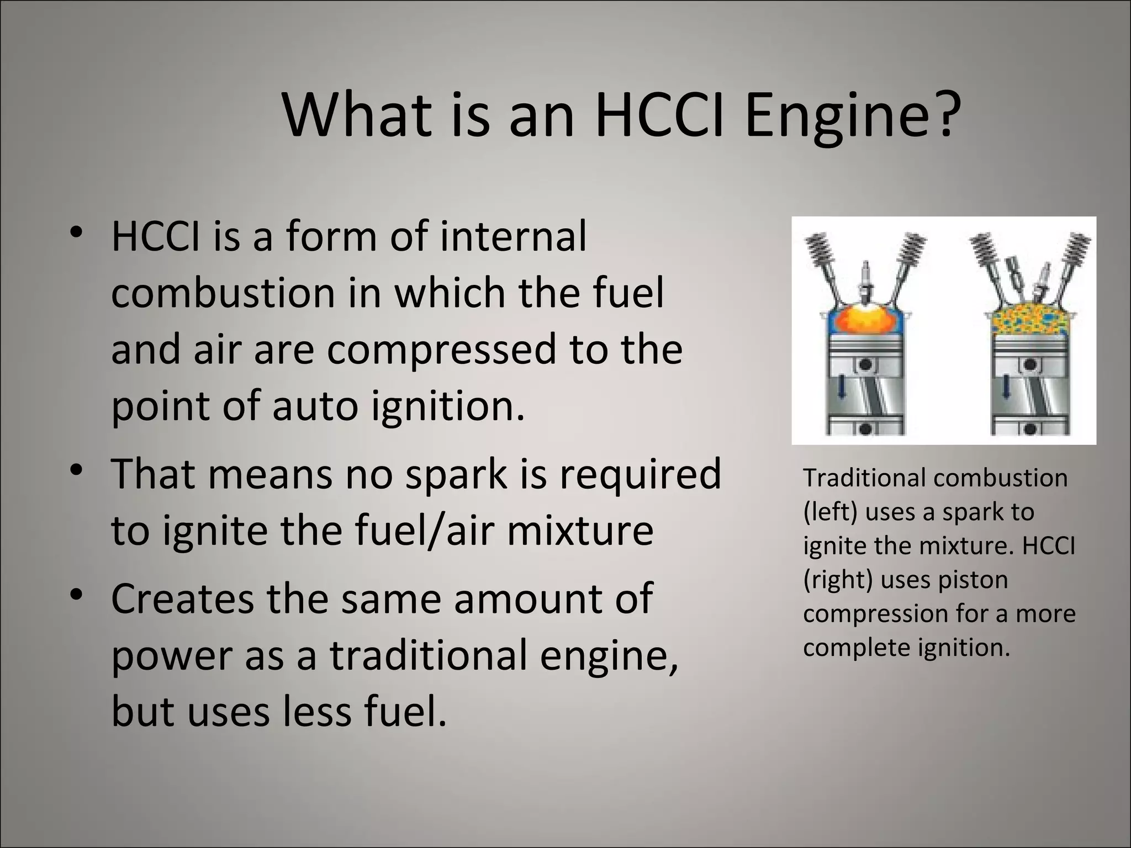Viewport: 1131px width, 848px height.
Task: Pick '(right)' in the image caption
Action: pos(836,580)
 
